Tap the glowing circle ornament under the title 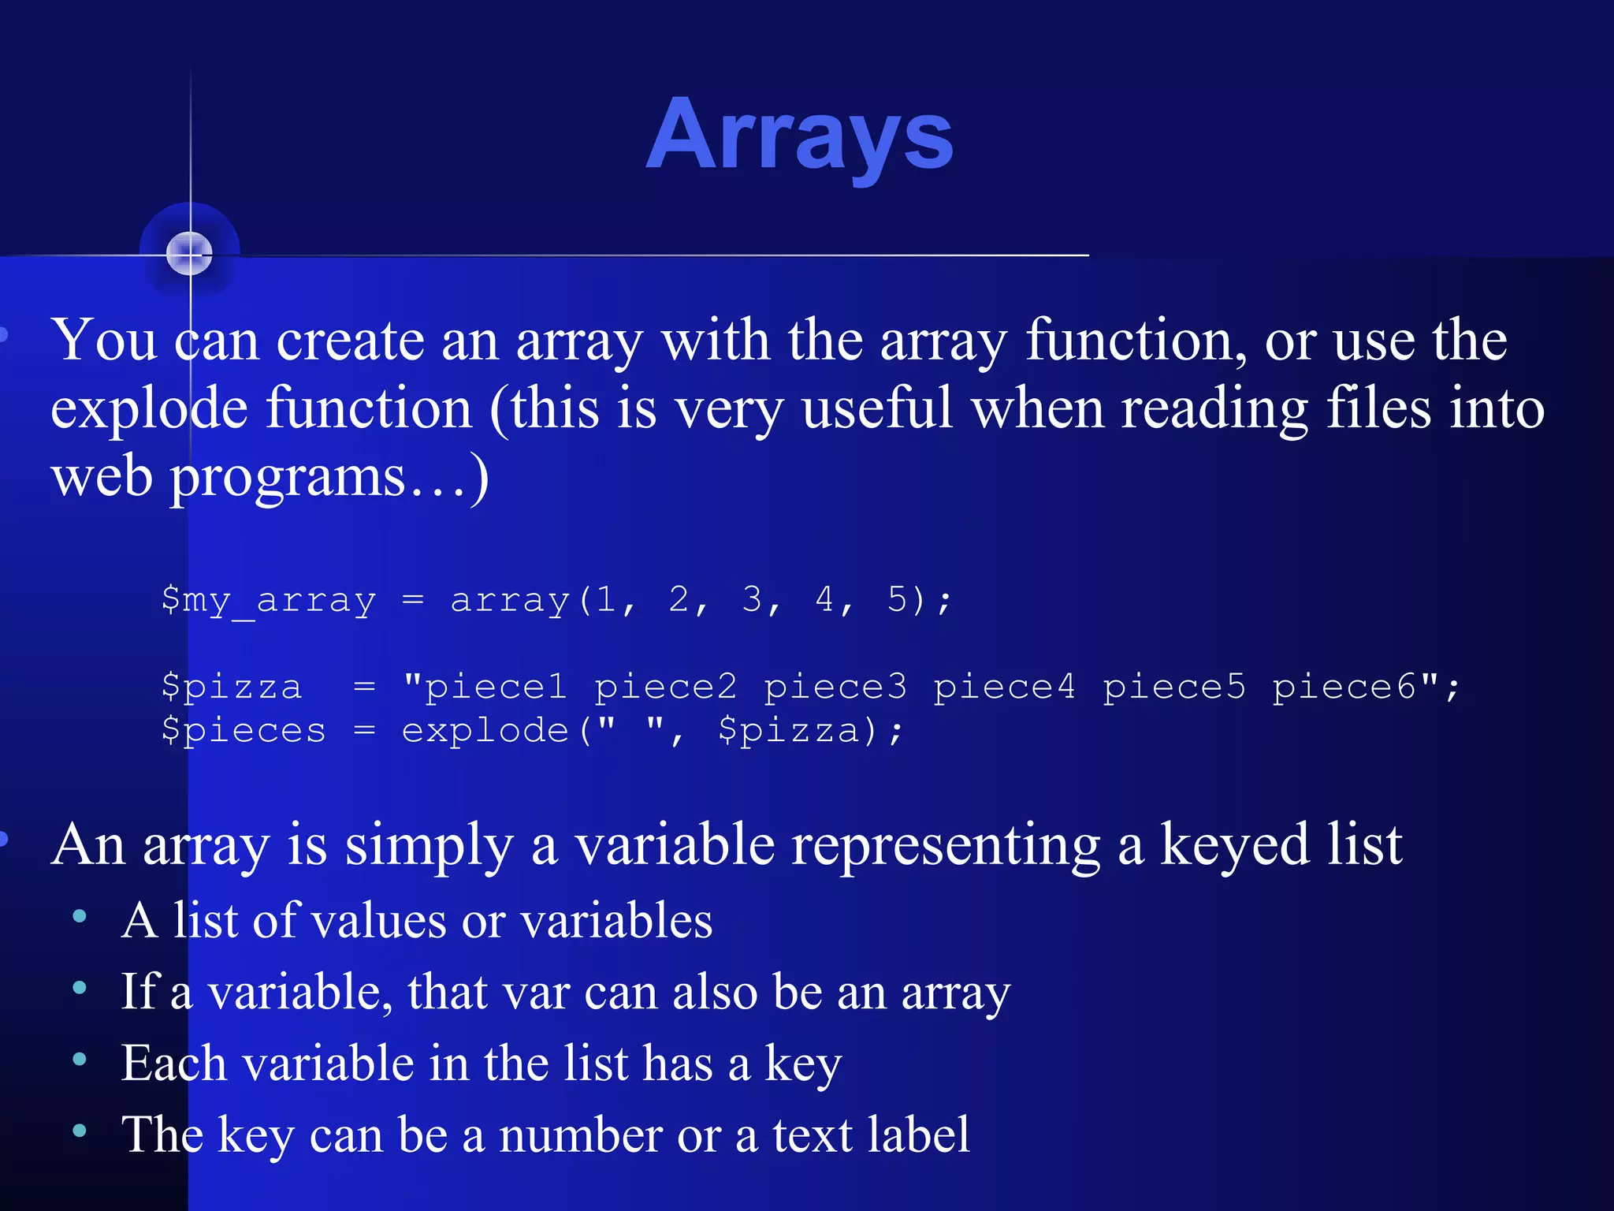click(x=189, y=254)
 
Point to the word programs click(x=288, y=479)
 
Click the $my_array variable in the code click(x=268, y=601)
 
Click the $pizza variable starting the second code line click(x=232, y=687)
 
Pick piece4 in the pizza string click(x=1004, y=687)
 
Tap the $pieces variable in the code click(x=243, y=730)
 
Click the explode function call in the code click(x=485, y=732)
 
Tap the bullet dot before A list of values click(x=80, y=916)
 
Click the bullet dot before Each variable click(x=80, y=1059)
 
